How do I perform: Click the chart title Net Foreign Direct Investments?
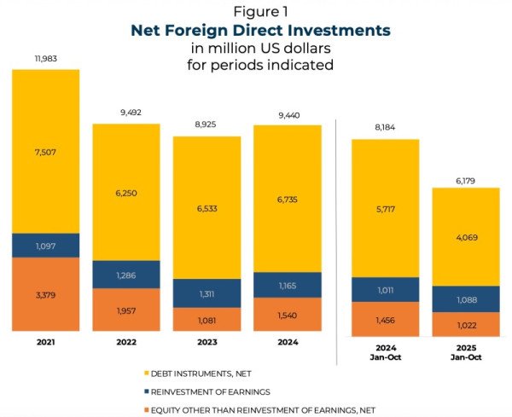[x=259, y=30]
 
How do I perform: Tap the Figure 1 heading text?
[x=259, y=11]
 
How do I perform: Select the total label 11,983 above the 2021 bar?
[x=45, y=58]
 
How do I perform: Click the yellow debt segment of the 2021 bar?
[x=45, y=151]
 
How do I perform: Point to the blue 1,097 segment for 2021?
[x=45, y=246]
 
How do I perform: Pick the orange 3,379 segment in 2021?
[x=45, y=295]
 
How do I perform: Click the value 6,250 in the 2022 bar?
[x=125, y=193]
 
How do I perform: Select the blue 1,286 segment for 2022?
[x=125, y=275]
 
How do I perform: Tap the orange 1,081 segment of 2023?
[x=207, y=320]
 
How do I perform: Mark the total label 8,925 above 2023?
[x=207, y=125]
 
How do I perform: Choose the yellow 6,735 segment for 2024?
[x=287, y=199]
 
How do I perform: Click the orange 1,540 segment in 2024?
[x=287, y=315]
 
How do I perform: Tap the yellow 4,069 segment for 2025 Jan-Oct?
[x=465, y=236]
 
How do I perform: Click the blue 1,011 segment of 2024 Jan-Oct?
[x=385, y=290]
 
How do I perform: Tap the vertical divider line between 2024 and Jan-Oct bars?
[x=338, y=230]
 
